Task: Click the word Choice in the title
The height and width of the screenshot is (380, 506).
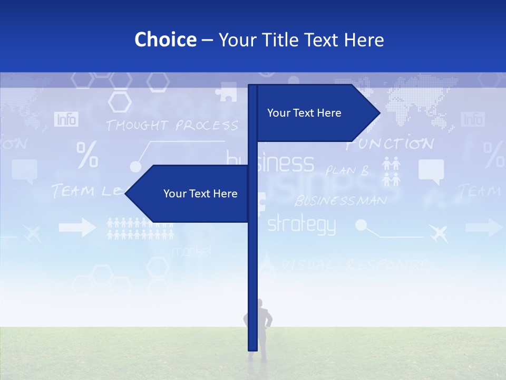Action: pos(165,40)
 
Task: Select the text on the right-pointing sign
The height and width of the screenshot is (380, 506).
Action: pos(304,113)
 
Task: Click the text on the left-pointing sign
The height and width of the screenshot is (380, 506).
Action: pos(200,194)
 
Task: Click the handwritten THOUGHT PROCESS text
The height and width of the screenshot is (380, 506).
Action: pos(172,126)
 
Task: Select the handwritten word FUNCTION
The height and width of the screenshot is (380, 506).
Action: pos(390,144)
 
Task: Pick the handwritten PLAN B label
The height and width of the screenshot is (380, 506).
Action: pos(347,170)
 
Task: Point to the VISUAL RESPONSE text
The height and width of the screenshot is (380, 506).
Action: pos(353,264)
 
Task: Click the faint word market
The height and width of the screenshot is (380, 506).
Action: pos(191,251)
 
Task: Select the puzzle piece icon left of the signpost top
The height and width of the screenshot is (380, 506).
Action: pos(226,92)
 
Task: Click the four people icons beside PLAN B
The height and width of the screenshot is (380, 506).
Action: pos(391,172)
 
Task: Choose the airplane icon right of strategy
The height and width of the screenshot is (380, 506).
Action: pos(438,232)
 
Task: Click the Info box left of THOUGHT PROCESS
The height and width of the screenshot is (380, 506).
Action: pos(66,119)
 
